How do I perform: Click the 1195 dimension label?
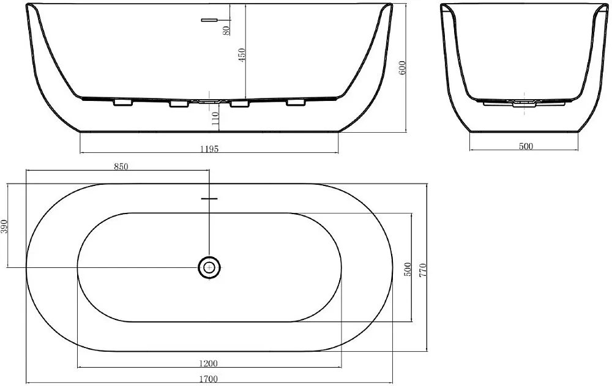pos(209,149)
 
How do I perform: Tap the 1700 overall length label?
pos(209,379)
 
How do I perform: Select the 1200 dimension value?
pos(208,363)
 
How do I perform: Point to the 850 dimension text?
pos(121,166)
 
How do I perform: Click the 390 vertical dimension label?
pos(4,226)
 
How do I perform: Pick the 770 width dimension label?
pos(423,270)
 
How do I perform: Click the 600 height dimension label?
pos(403,68)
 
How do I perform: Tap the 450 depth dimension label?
pos(242,55)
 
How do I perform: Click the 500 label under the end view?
pos(526,146)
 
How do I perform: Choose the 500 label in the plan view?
pos(407,269)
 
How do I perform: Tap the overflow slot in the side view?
pos(209,20)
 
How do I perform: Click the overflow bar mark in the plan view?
pos(209,199)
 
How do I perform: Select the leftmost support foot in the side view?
pos(123,103)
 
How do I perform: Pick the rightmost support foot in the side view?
pos(296,102)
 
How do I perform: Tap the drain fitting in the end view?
pos(524,103)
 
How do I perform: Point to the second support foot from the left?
pos(179,103)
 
